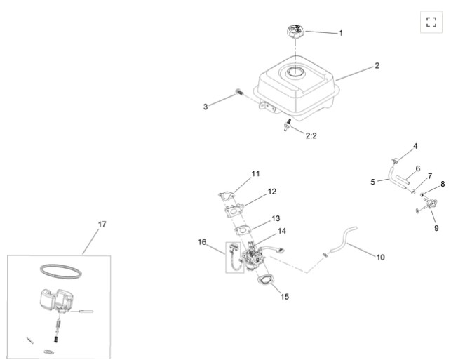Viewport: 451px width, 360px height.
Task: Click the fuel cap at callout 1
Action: (295, 31)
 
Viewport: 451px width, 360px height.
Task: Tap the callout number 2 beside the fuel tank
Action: (377, 65)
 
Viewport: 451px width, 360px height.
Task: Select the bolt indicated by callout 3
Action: (239, 92)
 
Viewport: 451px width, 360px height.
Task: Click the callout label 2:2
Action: (311, 135)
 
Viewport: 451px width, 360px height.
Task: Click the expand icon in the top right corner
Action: (431, 22)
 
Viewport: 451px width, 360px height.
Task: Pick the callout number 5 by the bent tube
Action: (372, 182)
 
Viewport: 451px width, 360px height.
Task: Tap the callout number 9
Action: (436, 228)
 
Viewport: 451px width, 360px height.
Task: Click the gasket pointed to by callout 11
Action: (227, 196)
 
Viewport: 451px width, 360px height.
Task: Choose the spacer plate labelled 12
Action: (234, 211)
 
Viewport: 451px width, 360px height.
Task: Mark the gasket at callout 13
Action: (243, 230)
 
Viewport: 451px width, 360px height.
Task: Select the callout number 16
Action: (202, 242)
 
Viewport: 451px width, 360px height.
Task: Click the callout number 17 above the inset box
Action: (102, 224)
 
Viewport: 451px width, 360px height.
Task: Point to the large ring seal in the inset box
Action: (60, 272)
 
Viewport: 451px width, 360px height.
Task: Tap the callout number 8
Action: (443, 184)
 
